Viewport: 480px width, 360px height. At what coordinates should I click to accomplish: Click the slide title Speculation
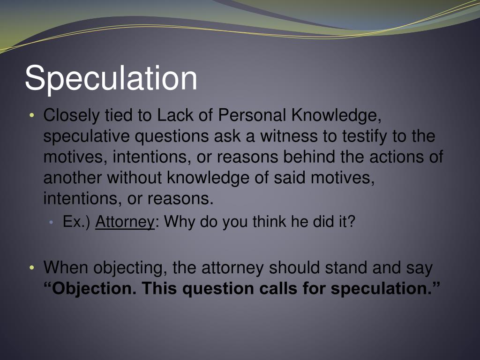click(111, 78)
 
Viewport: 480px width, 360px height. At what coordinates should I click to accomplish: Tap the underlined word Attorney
click(125, 222)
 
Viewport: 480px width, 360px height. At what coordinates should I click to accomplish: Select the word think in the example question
click(270, 222)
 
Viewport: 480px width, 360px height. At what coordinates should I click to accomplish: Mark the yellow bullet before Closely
click(31, 116)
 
